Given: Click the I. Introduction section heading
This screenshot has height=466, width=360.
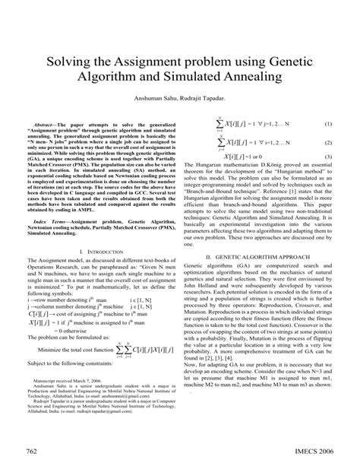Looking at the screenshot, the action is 99,250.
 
